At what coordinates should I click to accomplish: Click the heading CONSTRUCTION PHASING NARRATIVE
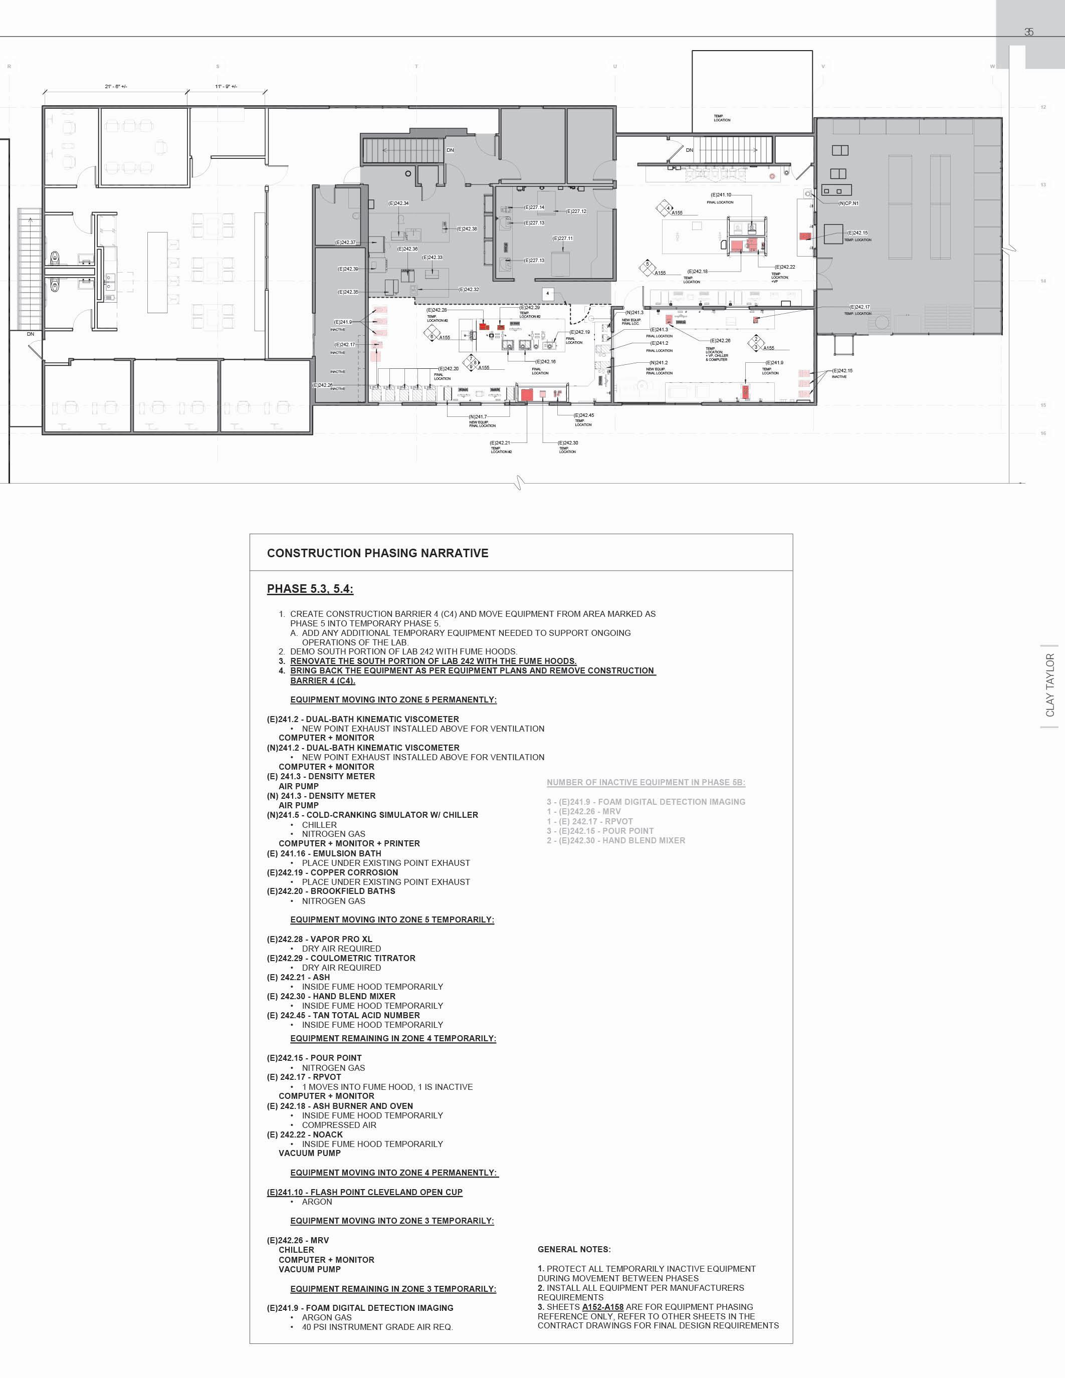pos(377,553)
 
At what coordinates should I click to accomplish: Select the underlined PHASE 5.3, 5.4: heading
pos(310,589)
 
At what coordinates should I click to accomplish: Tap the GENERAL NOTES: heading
pos(573,1249)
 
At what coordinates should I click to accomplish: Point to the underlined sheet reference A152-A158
pos(602,1307)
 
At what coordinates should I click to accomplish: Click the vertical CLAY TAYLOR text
pos(1050,685)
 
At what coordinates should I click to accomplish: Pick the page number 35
pos(1028,32)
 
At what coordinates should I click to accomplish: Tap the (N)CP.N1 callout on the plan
pos(848,203)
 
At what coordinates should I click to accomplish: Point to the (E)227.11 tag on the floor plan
pos(562,238)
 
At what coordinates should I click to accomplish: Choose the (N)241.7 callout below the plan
pos(478,416)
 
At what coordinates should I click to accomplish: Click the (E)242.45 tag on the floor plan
pos(583,415)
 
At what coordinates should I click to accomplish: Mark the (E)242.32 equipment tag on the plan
pos(468,290)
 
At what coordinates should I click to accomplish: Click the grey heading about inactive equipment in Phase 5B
pos(646,782)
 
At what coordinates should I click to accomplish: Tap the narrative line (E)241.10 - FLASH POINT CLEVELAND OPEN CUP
pos(365,1192)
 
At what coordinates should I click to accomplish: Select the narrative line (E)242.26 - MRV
pos(298,1241)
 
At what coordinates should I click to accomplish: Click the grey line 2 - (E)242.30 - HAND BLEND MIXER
pos(615,840)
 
